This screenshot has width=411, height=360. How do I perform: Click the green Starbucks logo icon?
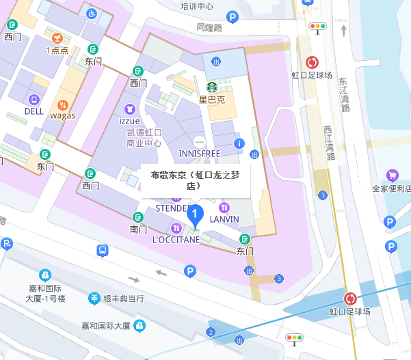click(212, 87)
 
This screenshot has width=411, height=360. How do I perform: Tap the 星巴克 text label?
click(212, 99)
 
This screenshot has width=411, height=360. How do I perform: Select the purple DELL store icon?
click(34, 98)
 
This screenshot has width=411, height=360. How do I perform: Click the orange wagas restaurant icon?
click(62, 105)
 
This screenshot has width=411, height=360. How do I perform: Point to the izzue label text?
click(129, 121)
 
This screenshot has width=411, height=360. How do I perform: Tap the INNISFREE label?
click(199, 153)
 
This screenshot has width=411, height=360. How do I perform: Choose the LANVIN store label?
click(224, 219)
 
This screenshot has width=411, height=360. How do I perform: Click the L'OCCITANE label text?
click(176, 239)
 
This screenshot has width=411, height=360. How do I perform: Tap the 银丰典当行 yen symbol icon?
click(95, 299)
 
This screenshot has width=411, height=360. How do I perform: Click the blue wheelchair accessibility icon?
click(92, 12)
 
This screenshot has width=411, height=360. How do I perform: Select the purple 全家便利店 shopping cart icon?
click(393, 176)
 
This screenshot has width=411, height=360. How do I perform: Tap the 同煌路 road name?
click(209, 28)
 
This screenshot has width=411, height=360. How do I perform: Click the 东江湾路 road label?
click(344, 94)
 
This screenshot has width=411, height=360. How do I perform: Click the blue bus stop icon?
click(102, 250)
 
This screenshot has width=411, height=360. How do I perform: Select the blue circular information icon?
click(239, 143)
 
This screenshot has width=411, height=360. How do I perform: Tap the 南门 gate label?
click(138, 229)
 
